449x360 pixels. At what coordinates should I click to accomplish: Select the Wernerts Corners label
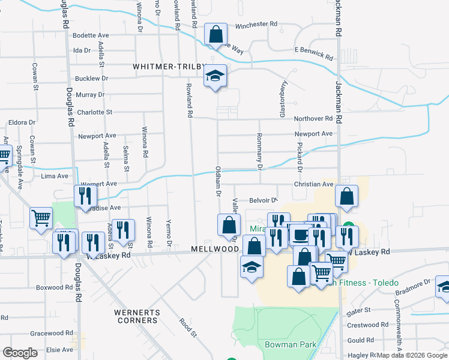coord(137,316)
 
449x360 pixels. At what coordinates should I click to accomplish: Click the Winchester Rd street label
coord(256,25)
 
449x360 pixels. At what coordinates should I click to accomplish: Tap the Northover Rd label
coord(313,119)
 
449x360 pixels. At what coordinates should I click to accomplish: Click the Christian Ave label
coord(313,185)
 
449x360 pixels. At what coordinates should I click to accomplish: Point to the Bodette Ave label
coord(90,35)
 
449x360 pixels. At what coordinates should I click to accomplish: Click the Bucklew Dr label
coord(91,79)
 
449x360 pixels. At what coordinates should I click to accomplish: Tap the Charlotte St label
coord(94,112)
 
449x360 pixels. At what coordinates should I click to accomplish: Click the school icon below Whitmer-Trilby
coord(215,76)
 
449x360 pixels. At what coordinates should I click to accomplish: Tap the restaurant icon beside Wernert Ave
coord(85,195)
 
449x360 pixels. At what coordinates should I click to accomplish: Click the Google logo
coord(20,353)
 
